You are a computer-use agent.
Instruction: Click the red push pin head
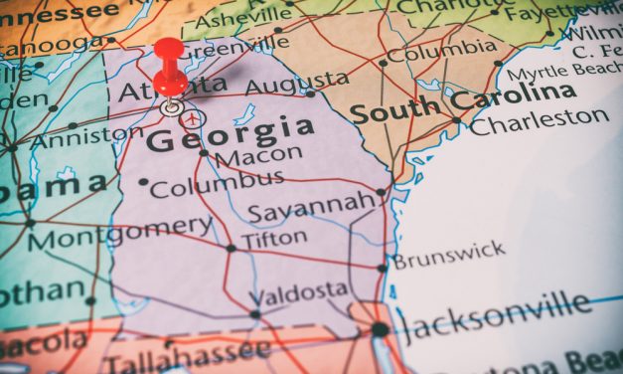click(x=169, y=52)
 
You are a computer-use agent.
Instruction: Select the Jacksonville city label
click(x=494, y=315)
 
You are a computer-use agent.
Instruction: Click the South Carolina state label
click(x=464, y=102)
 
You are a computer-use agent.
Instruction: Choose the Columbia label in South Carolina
click(x=442, y=50)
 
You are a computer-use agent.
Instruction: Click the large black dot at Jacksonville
click(x=381, y=329)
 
